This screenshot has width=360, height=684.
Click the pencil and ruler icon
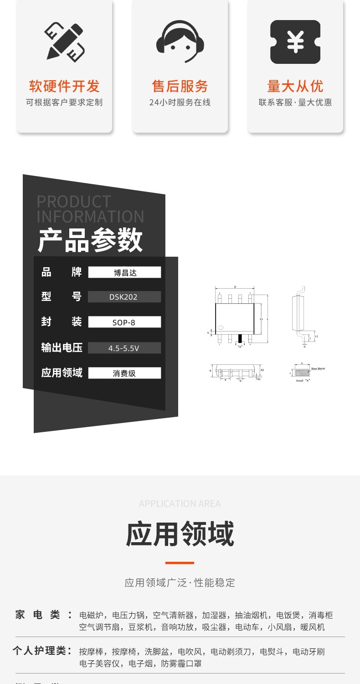(x=64, y=41)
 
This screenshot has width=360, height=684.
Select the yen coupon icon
(x=295, y=42)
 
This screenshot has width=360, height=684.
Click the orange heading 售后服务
(x=180, y=86)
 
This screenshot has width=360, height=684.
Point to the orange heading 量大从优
(x=295, y=86)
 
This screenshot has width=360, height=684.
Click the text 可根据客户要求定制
(x=64, y=103)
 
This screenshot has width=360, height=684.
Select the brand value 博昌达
(x=124, y=273)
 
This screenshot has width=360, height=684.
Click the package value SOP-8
(x=124, y=322)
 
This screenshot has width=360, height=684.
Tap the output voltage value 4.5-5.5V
(x=124, y=348)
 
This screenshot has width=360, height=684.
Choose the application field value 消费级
(x=124, y=373)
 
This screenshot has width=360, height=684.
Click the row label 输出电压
(x=62, y=348)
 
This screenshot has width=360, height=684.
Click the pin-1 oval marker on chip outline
(x=221, y=327)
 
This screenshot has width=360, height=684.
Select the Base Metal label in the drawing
(x=318, y=368)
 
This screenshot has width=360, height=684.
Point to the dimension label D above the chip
(x=235, y=287)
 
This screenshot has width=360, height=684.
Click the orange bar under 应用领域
(x=180, y=563)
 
